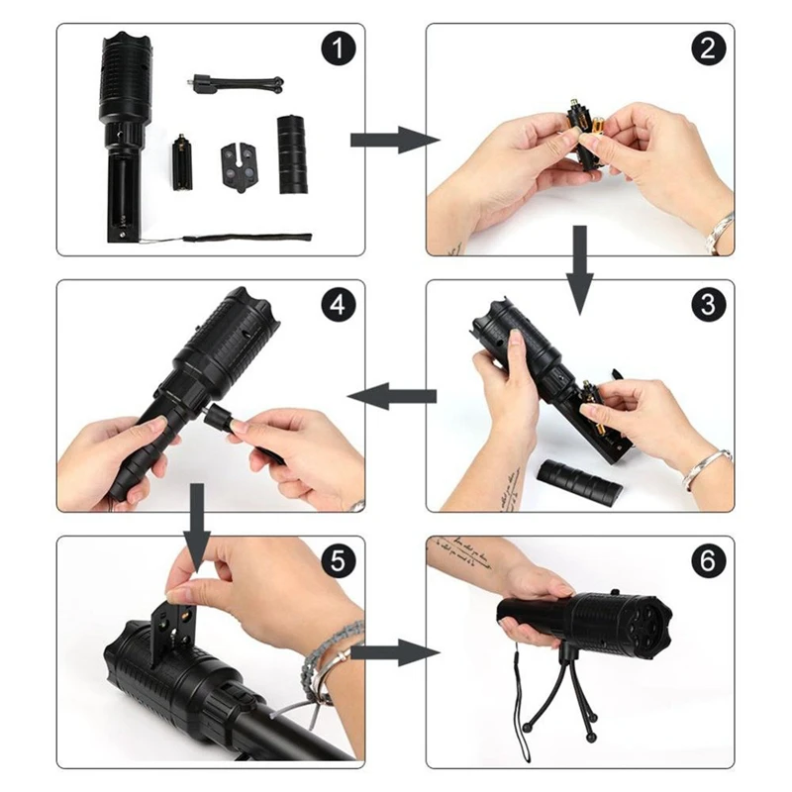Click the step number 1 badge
339,49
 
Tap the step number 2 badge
708,49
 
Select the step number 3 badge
708,305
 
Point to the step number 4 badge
339,305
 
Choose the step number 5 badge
339,560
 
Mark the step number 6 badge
708,560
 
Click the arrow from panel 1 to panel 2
395,140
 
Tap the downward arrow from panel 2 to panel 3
579,270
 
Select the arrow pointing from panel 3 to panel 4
392,396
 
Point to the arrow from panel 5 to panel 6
395,652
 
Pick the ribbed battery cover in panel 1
292,154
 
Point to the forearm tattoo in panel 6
462,553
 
